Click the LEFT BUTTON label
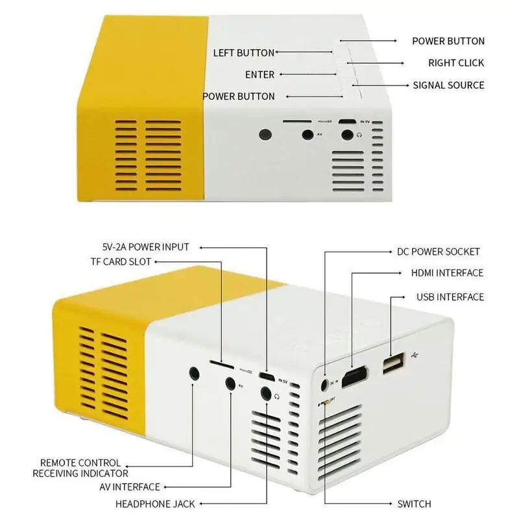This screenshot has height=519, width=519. tap(243, 53)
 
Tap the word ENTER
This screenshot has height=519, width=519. tap(259, 75)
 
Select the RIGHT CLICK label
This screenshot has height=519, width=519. tap(455, 63)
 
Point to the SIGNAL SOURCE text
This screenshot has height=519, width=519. tap(448, 85)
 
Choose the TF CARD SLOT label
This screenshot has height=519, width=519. tap(121, 261)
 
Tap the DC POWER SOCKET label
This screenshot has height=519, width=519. tap(439, 252)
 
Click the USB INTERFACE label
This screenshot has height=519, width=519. tap(450, 297)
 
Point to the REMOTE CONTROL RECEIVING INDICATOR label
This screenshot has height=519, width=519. tap(80, 468)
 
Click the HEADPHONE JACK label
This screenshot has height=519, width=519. tap(155, 503)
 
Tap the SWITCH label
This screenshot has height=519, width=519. tap(414, 503)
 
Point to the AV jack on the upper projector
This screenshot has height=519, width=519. tap(308, 135)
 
